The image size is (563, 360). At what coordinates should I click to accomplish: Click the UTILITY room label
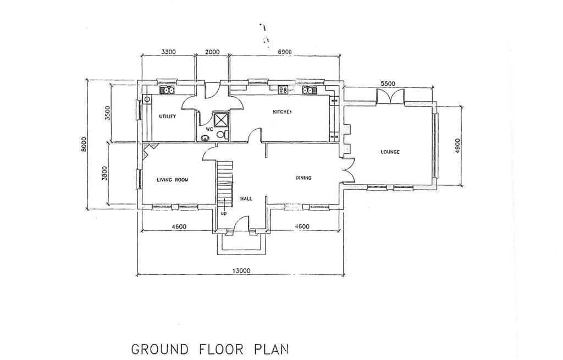[168, 117]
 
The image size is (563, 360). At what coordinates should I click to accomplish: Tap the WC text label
[209, 129]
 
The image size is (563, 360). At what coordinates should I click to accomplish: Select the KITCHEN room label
[282, 112]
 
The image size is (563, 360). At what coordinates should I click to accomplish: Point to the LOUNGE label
[390, 152]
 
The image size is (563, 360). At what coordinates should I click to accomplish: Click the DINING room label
[303, 178]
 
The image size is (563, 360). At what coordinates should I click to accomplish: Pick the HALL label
[246, 198]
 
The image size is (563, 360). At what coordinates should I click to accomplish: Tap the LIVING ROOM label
[173, 180]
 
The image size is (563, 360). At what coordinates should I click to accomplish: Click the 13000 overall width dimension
[241, 270]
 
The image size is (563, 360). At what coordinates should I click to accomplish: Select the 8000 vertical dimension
[84, 145]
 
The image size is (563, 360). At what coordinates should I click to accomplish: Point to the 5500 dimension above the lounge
[388, 84]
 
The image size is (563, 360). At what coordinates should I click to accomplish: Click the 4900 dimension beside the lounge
[457, 146]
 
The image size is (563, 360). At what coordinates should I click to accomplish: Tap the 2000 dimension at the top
[212, 52]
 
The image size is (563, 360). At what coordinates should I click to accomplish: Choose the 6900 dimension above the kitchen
[285, 52]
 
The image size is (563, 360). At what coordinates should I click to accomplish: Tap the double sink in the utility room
[168, 90]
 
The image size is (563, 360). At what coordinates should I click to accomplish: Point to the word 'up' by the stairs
[224, 214]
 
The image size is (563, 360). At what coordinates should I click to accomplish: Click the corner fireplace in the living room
[149, 149]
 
